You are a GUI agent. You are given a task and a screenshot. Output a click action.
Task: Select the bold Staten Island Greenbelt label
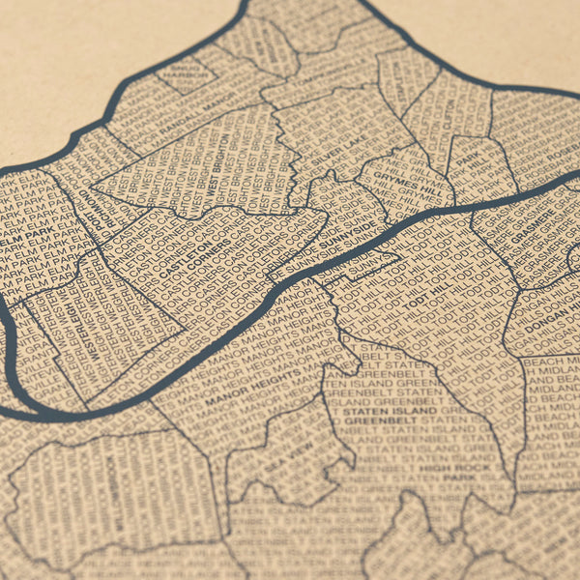point(387,417)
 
